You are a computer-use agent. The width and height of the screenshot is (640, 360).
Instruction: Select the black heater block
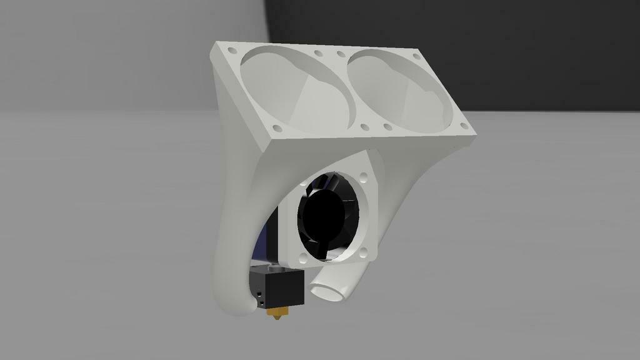click(x=277, y=287)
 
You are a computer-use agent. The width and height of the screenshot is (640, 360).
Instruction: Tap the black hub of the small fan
click(x=324, y=216)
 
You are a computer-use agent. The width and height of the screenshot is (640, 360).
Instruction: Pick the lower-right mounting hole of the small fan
click(x=365, y=252)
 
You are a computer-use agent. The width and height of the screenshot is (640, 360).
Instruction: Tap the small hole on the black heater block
click(x=259, y=293)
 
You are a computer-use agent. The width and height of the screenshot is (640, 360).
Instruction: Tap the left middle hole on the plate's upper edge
click(x=319, y=54)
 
